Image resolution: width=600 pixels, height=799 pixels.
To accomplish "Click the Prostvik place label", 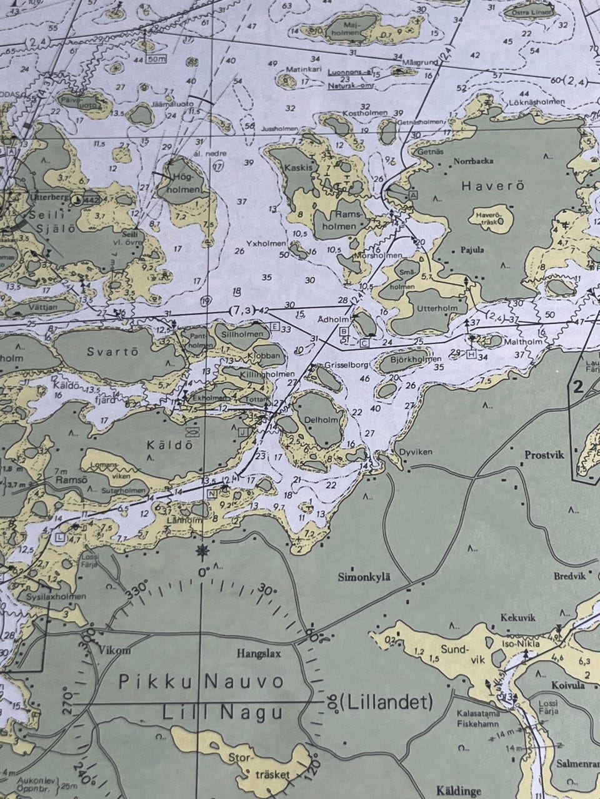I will [542, 455].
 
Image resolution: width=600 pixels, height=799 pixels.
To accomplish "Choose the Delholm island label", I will [323, 420].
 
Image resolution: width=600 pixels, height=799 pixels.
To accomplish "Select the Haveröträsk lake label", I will [490, 218].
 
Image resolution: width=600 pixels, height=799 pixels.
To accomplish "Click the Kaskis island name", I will [297, 168].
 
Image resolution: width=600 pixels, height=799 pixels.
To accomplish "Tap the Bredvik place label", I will [570, 576].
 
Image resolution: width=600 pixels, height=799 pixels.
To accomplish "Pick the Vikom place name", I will [115, 650].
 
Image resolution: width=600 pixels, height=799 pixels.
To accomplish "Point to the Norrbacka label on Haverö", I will [474, 161].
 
